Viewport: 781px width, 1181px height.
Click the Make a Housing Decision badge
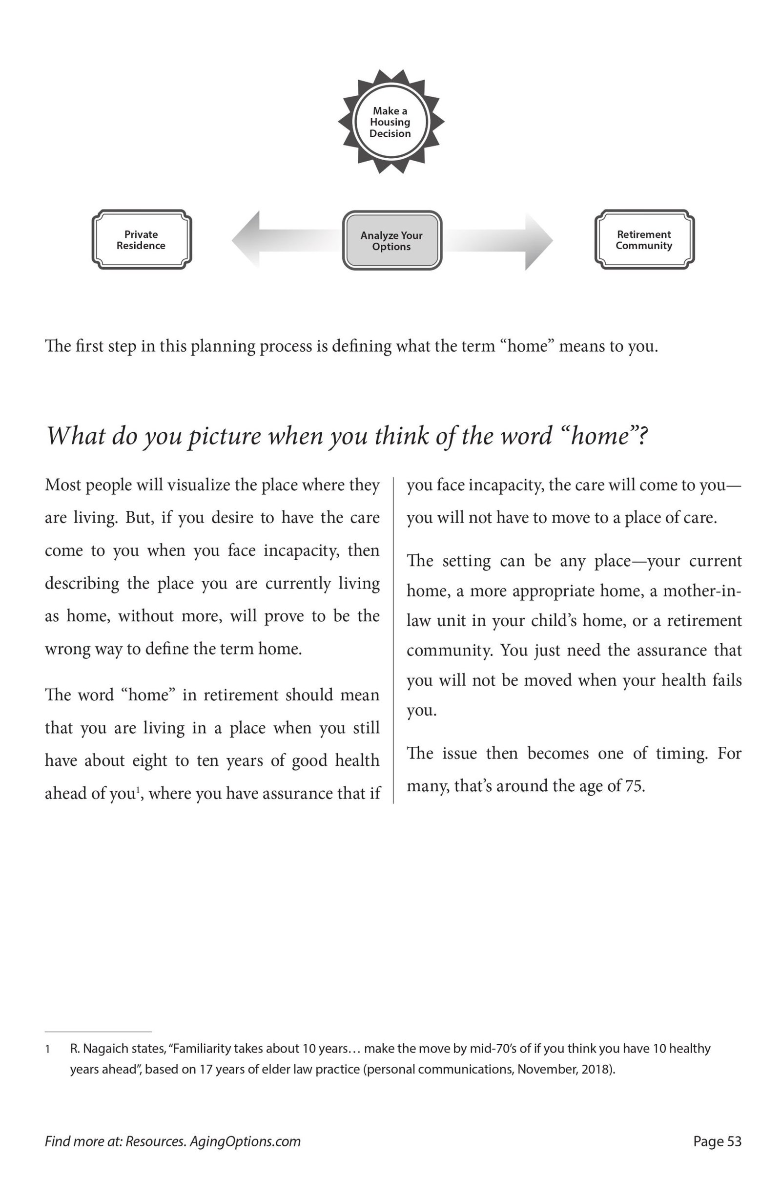[x=390, y=122]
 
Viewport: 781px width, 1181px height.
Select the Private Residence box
[x=142, y=240]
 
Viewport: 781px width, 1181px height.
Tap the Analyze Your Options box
[x=392, y=241]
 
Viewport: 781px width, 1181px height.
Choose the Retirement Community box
[x=644, y=240]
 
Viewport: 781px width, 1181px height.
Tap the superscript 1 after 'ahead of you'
[x=137, y=789]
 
